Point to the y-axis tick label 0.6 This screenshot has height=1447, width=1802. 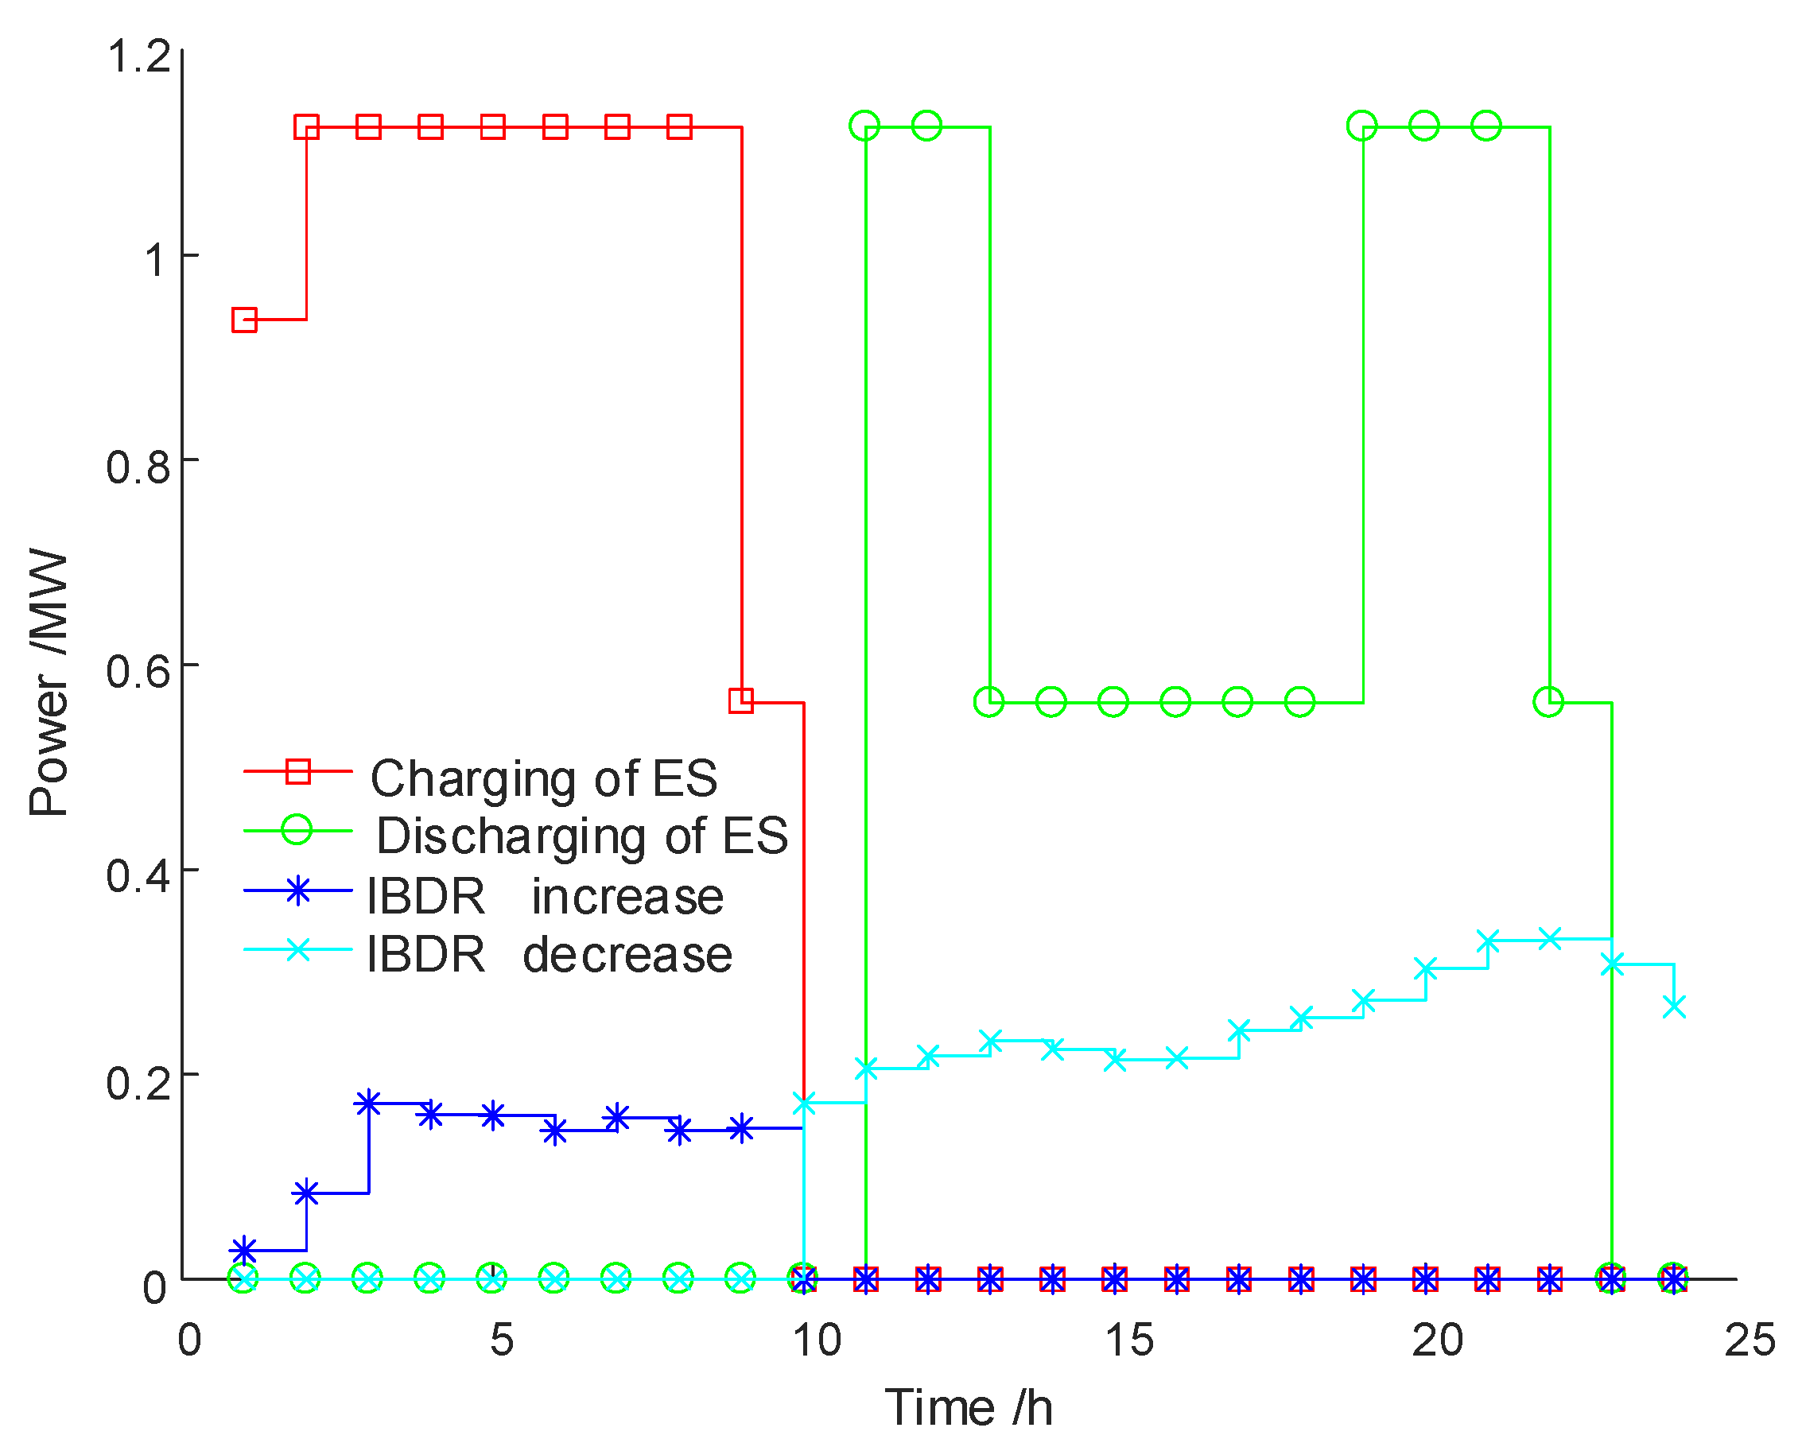pyautogui.click(x=138, y=672)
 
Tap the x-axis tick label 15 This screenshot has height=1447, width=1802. pyautogui.click(x=1129, y=1341)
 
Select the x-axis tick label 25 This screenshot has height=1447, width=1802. pyautogui.click(x=1750, y=1341)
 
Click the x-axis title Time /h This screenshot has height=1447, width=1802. pyautogui.click(x=969, y=1408)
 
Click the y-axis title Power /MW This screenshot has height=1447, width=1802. pyautogui.click(x=48, y=683)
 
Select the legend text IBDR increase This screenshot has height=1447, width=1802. pyautogui.click(x=545, y=897)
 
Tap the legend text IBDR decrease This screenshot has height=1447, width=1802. pyautogui.click(x=550, y=954)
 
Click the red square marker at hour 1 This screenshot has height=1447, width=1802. pyautogui.click(x=244, y=320)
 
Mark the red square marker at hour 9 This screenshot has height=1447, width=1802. pyautogui.click(x=740, y=700)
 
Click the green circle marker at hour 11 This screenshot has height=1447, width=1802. pyautogui.click(x=864, y=126)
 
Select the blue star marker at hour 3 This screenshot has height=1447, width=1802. pyautogui.click(x=367, y=1103)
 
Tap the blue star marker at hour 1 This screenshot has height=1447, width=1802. pyautogui.click(x=243, y=1251)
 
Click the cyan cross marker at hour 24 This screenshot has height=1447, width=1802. pyautogui.click(x=1673, y=1007)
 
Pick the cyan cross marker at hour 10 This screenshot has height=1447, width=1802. pyautogui.click(x=803, y=1104)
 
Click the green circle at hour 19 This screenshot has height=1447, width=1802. pyautogui.click(x=1361, y=126)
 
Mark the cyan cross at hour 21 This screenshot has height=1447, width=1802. pyautogui.click(x=1487, y=941)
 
